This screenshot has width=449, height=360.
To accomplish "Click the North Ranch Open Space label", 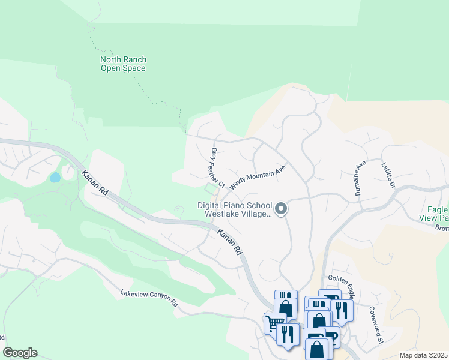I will (123, 64).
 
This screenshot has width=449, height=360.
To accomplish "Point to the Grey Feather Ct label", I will (217, 167).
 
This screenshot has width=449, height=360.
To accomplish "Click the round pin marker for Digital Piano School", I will (280, 209).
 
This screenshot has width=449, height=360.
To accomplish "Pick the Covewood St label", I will (376, 326).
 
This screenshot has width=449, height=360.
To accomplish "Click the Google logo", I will (20, 353).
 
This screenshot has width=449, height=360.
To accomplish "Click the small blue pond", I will (55, 178).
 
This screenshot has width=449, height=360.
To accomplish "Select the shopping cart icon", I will (274, 323).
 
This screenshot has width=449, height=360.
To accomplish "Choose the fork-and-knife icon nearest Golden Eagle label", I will (341, 310).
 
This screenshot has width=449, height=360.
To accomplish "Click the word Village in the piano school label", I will (259, 214).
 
